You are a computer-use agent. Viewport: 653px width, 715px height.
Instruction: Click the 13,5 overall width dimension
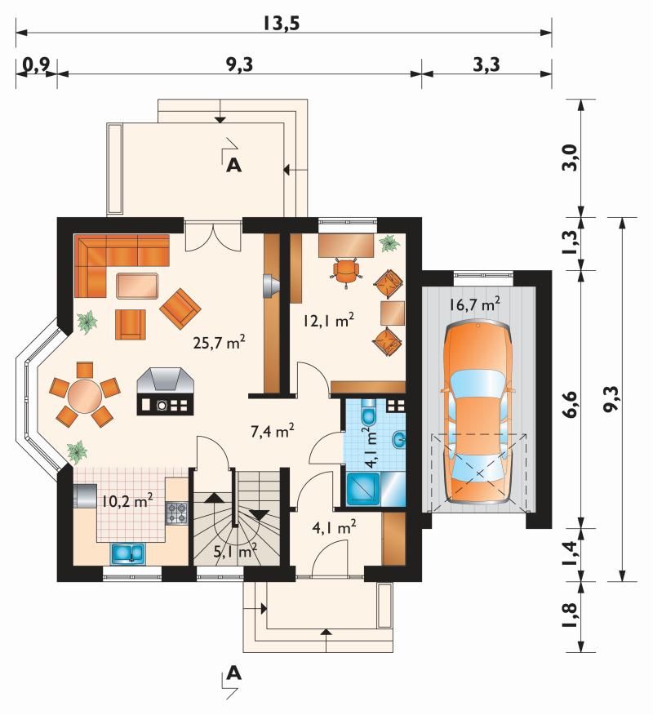(x=282, y=22)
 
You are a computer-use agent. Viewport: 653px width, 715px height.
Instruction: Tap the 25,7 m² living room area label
(x=220, y=341)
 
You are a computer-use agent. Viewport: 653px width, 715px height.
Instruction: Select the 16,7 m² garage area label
(x=475, y=304)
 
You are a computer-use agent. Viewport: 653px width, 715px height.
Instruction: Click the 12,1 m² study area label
(x=329, y=321)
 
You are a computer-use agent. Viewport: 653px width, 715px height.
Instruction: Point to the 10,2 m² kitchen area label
(x=127, y=501)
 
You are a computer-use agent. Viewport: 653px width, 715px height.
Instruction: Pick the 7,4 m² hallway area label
(x=273, y=430)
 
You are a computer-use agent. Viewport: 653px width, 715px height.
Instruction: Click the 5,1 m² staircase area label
(x=235, y=552)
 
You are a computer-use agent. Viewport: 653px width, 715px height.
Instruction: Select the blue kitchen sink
(x=127, y=553)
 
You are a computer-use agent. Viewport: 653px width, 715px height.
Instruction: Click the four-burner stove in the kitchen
(x=176, y=513)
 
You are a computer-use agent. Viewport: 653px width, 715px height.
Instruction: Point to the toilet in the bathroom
(x=367, y=413)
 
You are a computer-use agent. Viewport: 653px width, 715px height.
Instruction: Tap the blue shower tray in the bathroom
(x=363, y=489)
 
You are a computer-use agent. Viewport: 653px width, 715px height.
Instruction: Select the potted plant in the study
(x=389, y=243)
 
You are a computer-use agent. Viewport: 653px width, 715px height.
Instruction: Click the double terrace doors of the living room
(x=213, y=236)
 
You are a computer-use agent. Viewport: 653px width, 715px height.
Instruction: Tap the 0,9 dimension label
(x=36, y=64)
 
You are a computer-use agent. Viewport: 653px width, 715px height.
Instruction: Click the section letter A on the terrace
(x=234, y=165)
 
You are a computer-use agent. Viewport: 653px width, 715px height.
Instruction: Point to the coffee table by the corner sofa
(x=137, y=286)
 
